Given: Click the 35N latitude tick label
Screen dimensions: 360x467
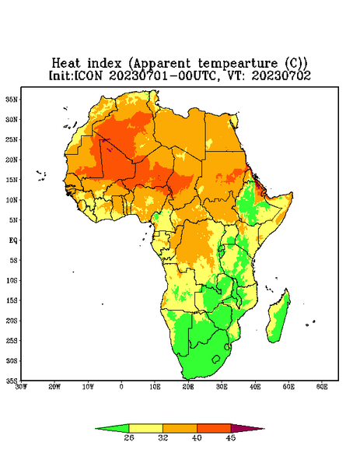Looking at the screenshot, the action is pyautogui.click(x=12, y=99).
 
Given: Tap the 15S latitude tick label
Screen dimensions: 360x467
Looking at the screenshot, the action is pyautogui.click(x=12, y=300).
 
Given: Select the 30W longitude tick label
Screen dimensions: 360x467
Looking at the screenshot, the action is pyautogui.click(x=21, y=387).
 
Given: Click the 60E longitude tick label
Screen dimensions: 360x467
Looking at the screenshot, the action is pyautogui.click(x=322, y=387).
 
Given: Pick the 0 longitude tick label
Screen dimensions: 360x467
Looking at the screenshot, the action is pyautogui.click(x=121, y=387).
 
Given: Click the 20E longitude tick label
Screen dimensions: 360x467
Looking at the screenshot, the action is pyautogui.click(x=188, y=387).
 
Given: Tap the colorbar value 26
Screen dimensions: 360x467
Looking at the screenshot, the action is pyautogui.click(x=129, y=437).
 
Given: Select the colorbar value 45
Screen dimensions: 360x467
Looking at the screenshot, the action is pyautogui.click(x=231, y=437).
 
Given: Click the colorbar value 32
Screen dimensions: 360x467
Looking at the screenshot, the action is pyautogui.click(x=163, y=437).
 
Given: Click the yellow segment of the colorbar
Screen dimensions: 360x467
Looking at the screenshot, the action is pyautogui.click(x=145, y=428).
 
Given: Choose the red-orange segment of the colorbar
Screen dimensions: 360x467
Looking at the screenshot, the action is pyautogui.click(x=214, y=428).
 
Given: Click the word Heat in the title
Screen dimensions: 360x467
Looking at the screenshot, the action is pyautogui.click(x=66, y=64).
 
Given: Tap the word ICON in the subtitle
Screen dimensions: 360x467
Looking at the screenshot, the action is pyautogui.click(x=88, y=75).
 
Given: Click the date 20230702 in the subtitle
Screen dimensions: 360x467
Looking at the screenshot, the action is pyautogui.click(x=281, y=75).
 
